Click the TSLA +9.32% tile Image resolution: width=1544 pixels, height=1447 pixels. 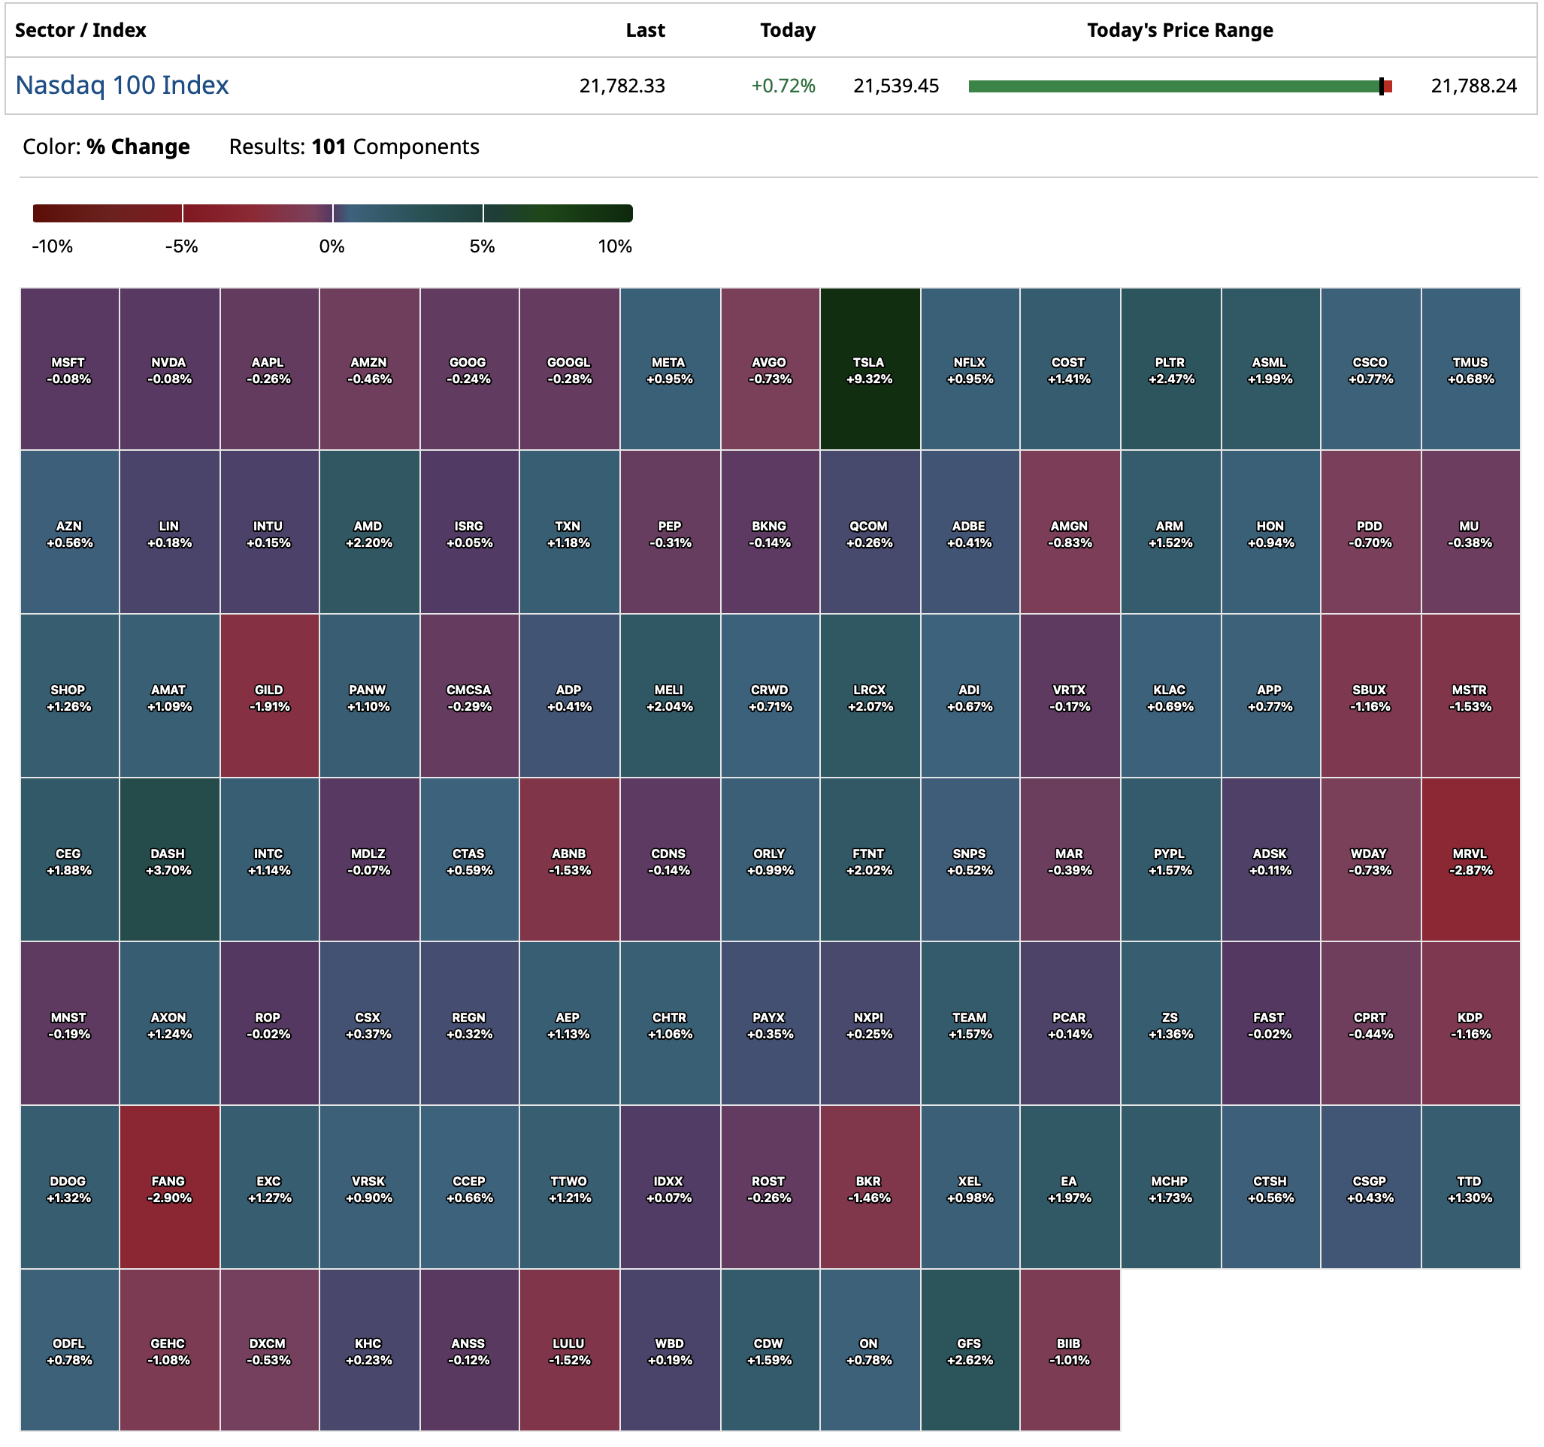(x=869, y=370)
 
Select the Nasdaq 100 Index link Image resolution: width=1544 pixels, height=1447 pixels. (x=122, y=86)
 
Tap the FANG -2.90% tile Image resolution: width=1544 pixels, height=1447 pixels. (x=169, y=1188)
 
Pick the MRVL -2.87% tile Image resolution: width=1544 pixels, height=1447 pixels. (x=1470, y=860)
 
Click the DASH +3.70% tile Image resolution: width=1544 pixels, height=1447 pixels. (x=169, y=860)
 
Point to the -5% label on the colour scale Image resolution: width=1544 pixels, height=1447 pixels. (x=182, y=247)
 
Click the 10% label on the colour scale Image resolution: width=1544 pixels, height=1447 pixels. (x=614, y=247)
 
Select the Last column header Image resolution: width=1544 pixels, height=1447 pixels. (x=645, y=30)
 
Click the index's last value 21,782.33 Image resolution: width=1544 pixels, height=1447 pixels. (x=622, y=86)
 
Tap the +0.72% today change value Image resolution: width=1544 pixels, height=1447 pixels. (x=783, y=86)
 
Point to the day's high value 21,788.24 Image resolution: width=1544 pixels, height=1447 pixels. (x=1473, y=86)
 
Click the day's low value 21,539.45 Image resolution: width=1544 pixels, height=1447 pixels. (x=895, y=86)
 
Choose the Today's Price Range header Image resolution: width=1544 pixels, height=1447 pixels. (x=1179, y=30)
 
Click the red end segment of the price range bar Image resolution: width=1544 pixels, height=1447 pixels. (x=1388, y=87)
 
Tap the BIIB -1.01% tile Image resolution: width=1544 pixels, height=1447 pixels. (x=1070, y=1351)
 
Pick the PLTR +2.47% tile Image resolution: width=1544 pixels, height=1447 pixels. (x=1170, y=370)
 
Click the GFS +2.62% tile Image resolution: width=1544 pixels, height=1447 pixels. (x=969, y=1351)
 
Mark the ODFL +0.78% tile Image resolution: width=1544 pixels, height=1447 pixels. (x=69, y=1351)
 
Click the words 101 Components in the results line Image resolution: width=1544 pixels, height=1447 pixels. (x=395, y=147)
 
